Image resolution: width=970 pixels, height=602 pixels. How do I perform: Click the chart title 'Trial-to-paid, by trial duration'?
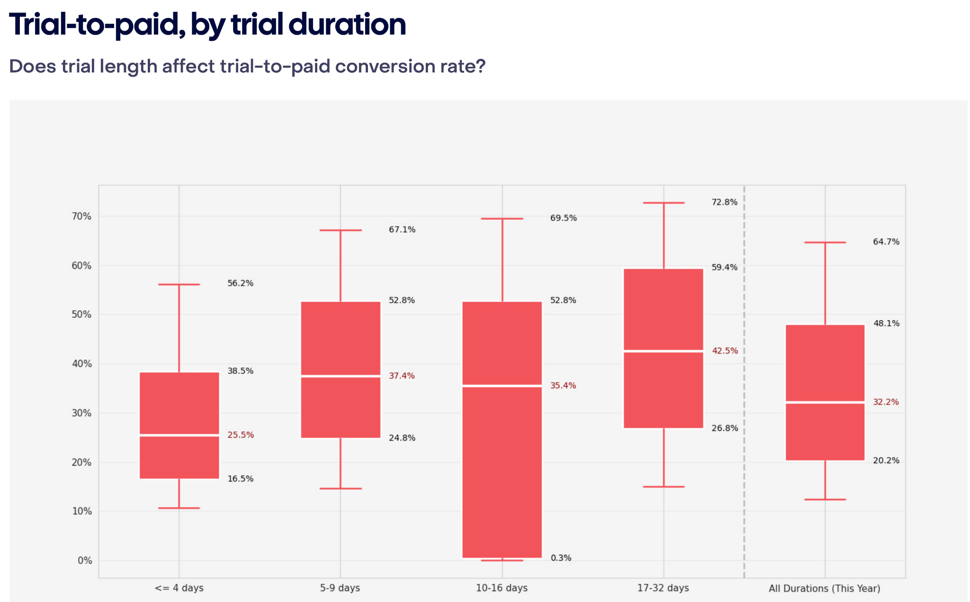[207, 25]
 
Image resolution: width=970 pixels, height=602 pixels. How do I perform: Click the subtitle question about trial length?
[247, 66]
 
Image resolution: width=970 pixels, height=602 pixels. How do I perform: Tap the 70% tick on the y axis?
[81, 216]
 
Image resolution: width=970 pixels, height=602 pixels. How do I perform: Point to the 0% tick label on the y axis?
[85, 560]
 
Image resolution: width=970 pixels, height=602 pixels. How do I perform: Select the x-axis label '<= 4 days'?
[179, 588]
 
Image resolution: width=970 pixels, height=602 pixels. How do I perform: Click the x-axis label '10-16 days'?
[502, 588]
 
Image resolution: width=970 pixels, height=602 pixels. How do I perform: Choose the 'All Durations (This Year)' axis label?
[824, 588]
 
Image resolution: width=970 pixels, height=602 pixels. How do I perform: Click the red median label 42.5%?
[725, 351]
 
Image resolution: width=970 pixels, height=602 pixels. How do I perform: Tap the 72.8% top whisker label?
[724, 202]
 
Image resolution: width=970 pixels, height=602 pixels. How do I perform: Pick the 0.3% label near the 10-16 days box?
[561, 558]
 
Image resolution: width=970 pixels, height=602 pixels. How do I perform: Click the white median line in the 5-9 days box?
[341, 376]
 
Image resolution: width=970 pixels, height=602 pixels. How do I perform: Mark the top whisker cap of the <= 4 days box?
[179, 285]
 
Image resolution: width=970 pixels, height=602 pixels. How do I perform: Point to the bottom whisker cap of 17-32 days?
[664, 486]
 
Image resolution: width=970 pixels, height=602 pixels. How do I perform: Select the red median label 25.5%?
[241, 435]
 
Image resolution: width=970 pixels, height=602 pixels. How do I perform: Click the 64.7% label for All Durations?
[886, 242]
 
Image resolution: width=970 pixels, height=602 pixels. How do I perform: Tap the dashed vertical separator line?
[744, 379]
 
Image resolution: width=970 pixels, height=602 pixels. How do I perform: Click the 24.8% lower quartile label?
[402, 438]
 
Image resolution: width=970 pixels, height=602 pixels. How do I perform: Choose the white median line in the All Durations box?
[825, 402]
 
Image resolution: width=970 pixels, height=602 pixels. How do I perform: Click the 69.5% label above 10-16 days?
[563, 218]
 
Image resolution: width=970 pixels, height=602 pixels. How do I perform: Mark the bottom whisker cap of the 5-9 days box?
[341, 488]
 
